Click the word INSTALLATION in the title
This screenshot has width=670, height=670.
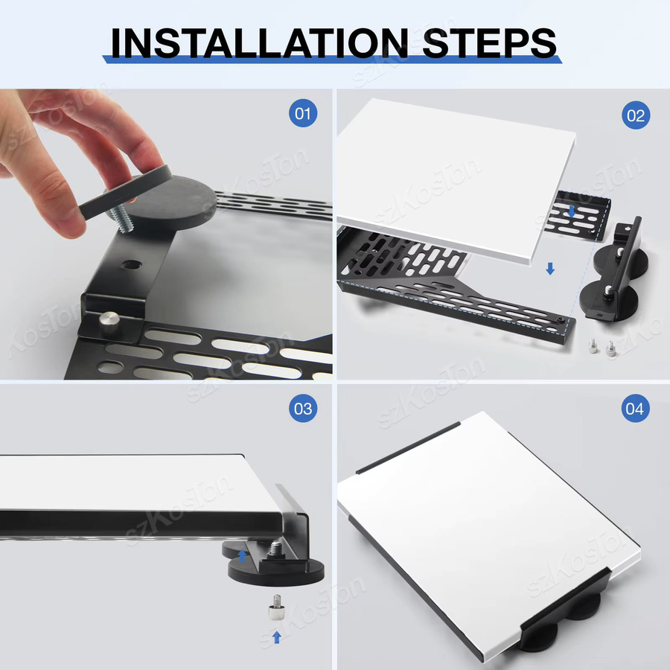[260, 42]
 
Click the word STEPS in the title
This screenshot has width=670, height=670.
[490, 42]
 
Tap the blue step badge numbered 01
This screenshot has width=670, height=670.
[303, 113]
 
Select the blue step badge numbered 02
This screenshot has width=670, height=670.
[636, 115]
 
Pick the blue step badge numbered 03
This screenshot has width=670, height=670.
[303, 409]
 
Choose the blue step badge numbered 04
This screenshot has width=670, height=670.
[636, 409]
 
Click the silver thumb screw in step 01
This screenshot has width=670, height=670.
[109, 322]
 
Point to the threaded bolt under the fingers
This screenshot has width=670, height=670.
[122, 218]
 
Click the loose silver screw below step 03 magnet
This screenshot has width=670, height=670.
[275, 607]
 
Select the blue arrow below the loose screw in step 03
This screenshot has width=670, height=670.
[277, 637]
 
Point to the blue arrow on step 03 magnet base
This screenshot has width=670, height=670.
[242, 555]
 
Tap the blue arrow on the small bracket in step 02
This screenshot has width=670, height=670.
[572, 211]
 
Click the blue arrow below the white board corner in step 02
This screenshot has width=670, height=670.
[550, 268]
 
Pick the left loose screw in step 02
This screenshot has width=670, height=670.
[593, 345]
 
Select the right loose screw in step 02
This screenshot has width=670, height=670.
[610, 348]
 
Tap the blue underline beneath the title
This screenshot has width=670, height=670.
[332, 60]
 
